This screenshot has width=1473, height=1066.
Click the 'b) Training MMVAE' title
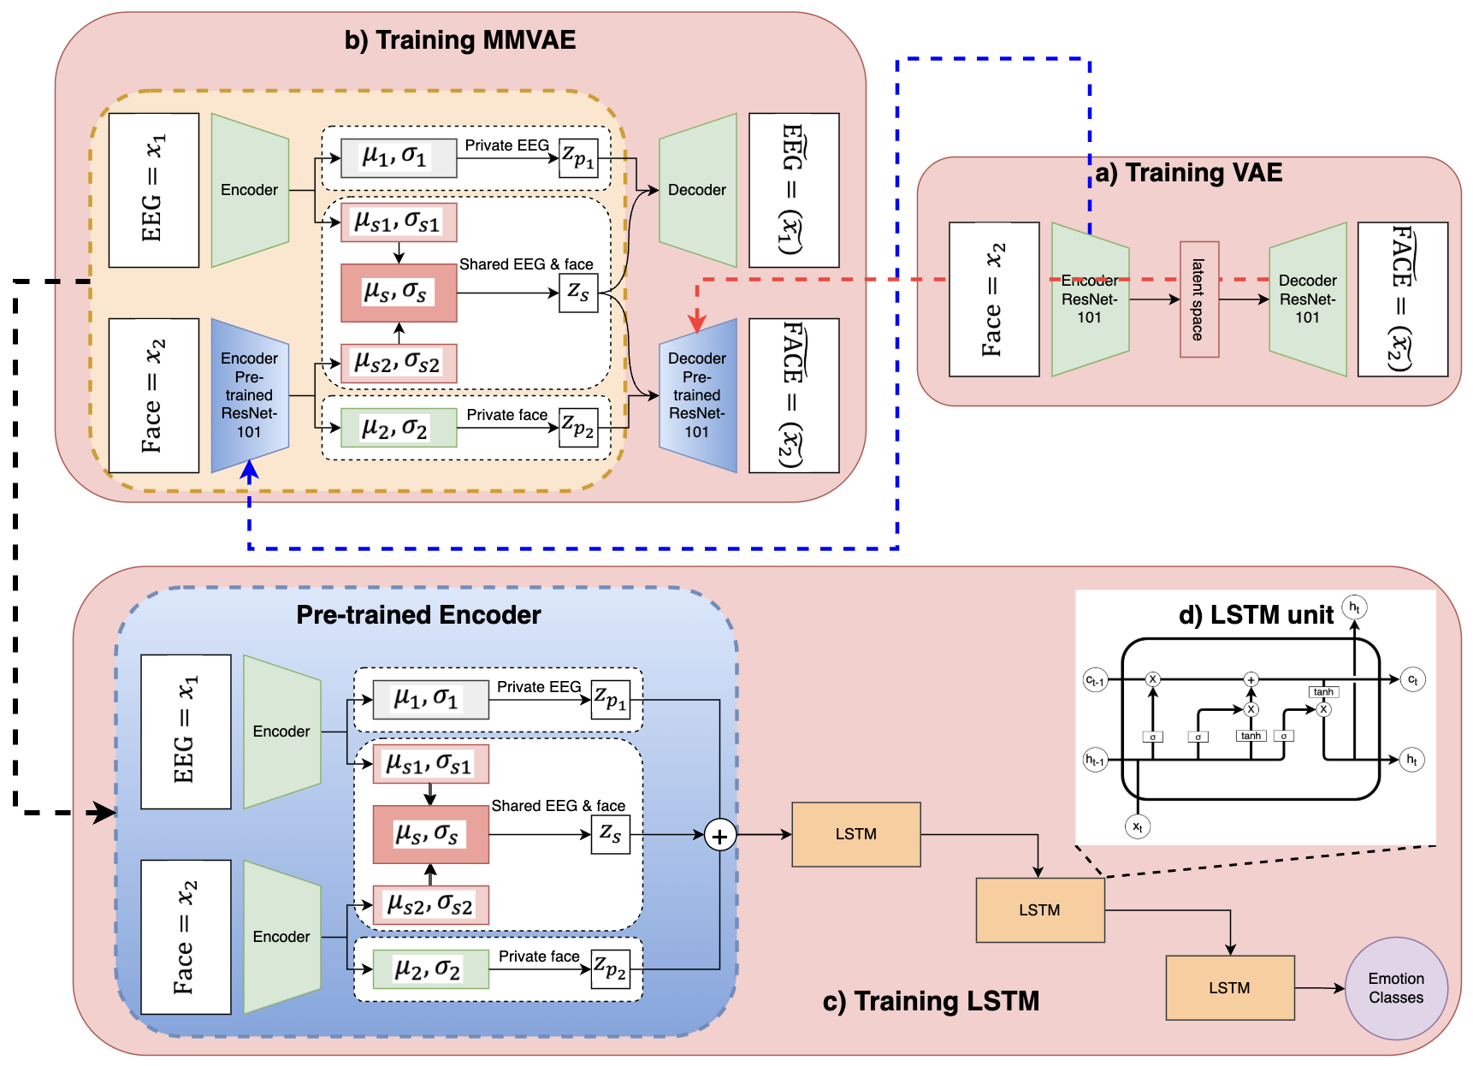[459, 40]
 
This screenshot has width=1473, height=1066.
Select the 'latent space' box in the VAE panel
[1198, 299]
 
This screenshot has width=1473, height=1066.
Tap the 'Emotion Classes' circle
[1395, 988]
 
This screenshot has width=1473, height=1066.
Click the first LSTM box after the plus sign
[855, 834]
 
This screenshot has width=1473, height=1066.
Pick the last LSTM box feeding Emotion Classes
[1229, 988]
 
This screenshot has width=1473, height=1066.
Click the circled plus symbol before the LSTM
[719, 836]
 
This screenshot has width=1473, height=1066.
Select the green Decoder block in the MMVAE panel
[697, 190]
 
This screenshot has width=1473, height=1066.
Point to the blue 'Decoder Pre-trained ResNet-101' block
[697, 395]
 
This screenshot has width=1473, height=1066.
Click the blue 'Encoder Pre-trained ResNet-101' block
[249, 395]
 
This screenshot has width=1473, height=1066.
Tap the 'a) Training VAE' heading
[1188, 173]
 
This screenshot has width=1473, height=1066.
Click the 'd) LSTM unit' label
[1255, 615]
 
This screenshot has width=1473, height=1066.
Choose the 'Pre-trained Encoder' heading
[418, 615]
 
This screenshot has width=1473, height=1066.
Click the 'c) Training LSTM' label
[931, 1001]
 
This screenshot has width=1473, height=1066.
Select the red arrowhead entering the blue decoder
[697, 323]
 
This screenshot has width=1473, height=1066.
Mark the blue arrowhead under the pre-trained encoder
[249, 469]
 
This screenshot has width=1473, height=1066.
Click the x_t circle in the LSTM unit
[1137, 826]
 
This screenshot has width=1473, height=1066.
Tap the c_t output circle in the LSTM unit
[1412, 680]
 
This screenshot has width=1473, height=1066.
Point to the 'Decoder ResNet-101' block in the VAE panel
[1307, 299]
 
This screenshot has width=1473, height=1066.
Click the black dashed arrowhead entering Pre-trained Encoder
[106, 813]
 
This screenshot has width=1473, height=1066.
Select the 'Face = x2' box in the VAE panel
[994, 299]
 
